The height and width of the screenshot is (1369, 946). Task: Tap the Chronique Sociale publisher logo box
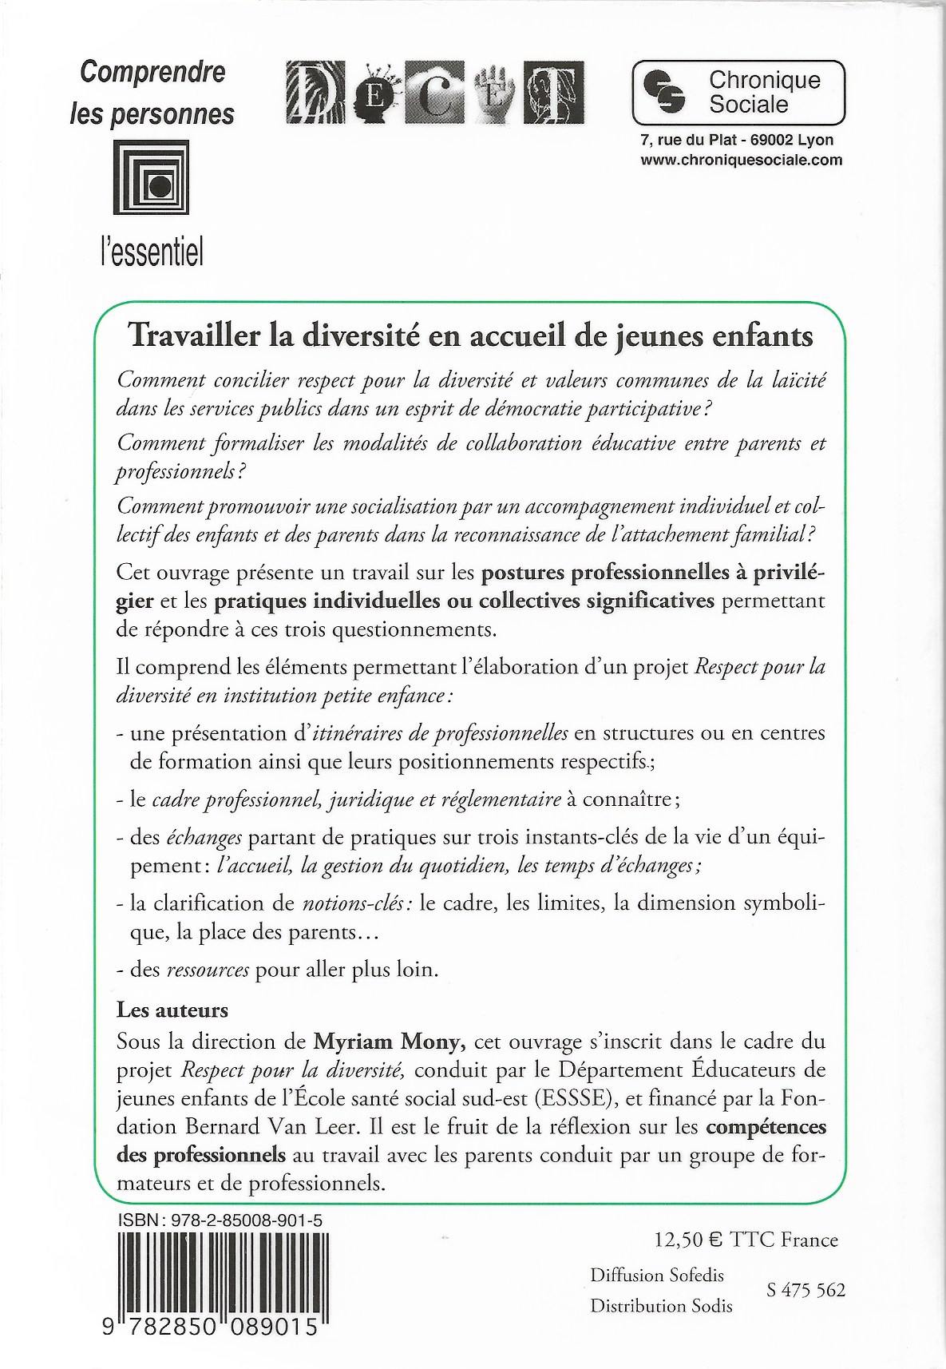[738, 93]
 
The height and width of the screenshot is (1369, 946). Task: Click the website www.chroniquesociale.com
[741, 160]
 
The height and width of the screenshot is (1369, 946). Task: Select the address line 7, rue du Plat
[737, 141]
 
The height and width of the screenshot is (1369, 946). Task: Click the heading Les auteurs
[172, 1010]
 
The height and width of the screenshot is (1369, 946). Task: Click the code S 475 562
[805, 1291]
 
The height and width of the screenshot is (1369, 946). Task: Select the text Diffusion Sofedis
[657, 1276]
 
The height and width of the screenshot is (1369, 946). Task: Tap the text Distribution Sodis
[661, 1306]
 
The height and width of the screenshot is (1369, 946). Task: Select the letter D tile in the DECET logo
[314, 93]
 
